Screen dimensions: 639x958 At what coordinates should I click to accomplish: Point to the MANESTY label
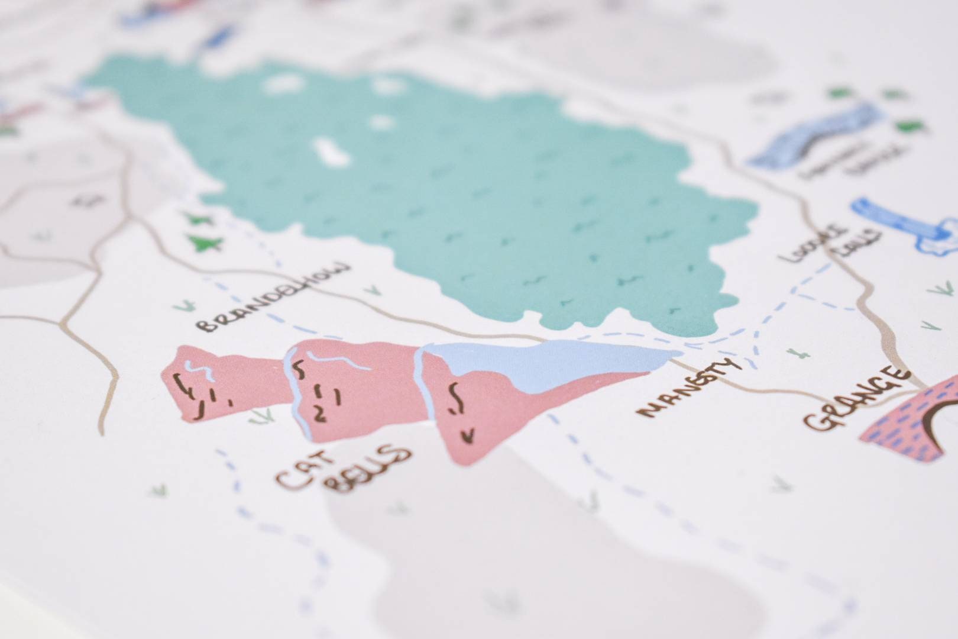689,388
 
